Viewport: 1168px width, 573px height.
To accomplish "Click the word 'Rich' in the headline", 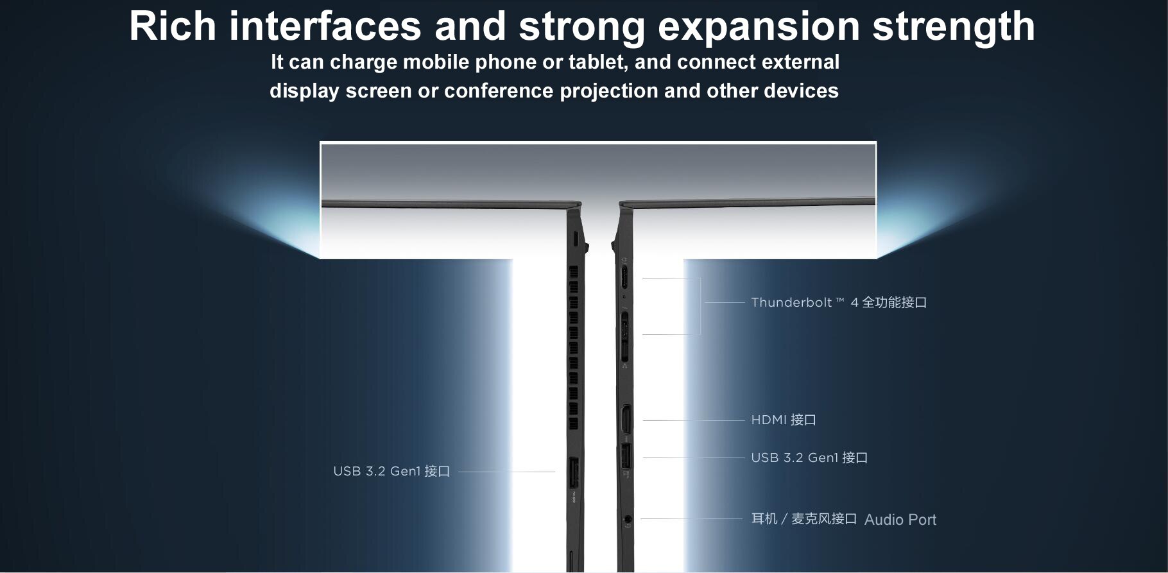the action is [173, 26].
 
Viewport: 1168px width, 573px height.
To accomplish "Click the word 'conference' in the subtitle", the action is [498, 91].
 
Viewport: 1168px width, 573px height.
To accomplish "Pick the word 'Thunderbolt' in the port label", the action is [791, 302].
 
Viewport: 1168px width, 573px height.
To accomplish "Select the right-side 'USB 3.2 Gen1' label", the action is [809, 458].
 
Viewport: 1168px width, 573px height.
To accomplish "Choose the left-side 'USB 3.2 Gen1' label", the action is [391, 471].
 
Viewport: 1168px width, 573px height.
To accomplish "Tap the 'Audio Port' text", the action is [900, 520].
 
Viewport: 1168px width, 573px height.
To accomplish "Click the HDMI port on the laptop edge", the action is [626, 420].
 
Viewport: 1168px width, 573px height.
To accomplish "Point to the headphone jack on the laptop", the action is [628, 518].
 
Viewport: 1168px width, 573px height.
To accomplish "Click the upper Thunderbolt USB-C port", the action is [624, 278].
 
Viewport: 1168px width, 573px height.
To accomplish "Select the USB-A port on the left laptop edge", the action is [574, 472].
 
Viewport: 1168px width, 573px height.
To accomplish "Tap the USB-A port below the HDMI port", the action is [626, 456].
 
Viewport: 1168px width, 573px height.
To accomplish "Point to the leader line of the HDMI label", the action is [693, 420].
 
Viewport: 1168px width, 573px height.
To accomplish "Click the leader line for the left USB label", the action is [506, 472].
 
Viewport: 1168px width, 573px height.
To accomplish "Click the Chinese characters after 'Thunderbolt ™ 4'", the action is [894, 302].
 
